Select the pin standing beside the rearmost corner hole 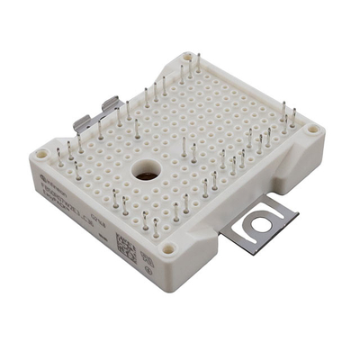199,65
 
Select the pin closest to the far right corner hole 293,118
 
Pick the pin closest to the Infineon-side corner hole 59,155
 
